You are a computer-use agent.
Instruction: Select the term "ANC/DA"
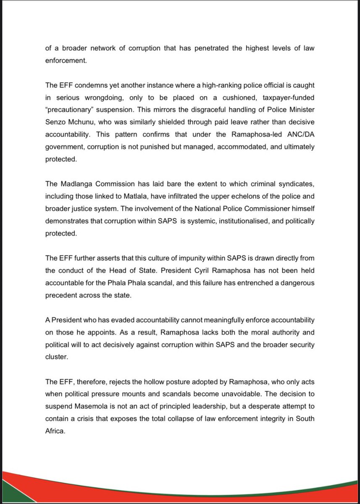302,135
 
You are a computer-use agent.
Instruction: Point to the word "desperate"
264,407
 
